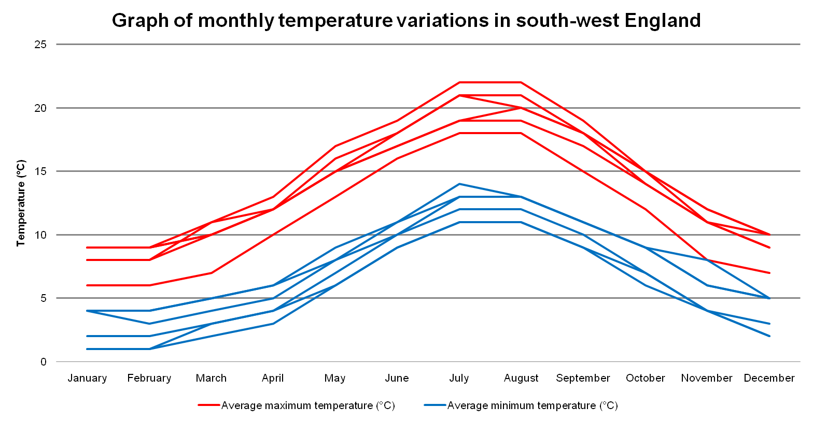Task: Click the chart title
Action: pyautogui.click(x=406, y=21)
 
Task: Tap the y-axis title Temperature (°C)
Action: pyautogui.click(x=21, y=203)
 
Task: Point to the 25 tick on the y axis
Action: pyautogui.click(x=40, y=45)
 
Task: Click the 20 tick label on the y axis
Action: pyautogui.click(x=40, y=108)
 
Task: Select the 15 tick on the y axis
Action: pyautogui.click(x=40, y=171)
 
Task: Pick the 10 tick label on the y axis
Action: pyautogui.click(x=40, y=235)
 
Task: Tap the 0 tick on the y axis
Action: pyautogui.click(x=44, y=362)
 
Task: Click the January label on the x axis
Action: pyautogui.click(x=87, y=378)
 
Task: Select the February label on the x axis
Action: pyautogui.click(x=149, y=378)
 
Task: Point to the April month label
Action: pyautogui.click(x=273, y=378)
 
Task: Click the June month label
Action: pyautogui.click(x=397, y=378)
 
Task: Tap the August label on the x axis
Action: pyautogui.click(x=521, y=378)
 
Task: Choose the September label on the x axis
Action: pyautogui.click(x=583, y=378)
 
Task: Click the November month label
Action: pyautogui.click(x=707, y=378)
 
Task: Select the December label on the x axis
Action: pyautogui.click(x=769, y=378)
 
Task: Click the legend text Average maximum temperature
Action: pyautogui.click(x=308, y=405)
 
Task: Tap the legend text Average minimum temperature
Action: pyautogui.click(x=532, y=405)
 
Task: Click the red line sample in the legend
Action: pyautogui.click(x=209, y=405)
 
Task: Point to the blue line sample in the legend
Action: pyautogui.click(x=435, y=405)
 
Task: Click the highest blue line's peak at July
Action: pyautogui.click(x=459, y=184)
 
